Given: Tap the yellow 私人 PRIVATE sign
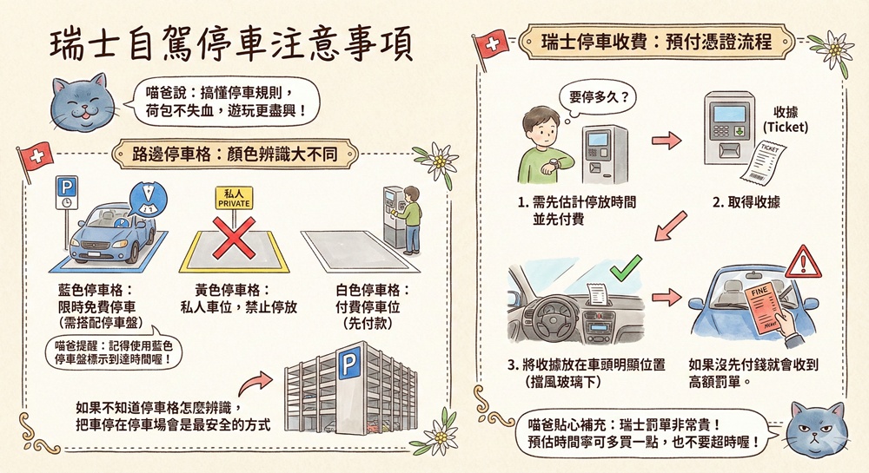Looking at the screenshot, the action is click(234, 198).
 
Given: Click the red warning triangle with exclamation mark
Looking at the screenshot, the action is click(802, 262).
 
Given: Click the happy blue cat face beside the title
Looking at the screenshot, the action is click(83, 103).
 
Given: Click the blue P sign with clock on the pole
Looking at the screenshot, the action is click(67, 193).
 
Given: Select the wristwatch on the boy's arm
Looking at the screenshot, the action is click(555, 164).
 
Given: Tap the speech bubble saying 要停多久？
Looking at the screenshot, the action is click(599, 98).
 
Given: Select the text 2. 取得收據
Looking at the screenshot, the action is click(746, 202).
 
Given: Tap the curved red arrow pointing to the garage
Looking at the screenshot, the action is click(257, 383).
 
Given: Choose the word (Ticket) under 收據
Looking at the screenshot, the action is click(786, 128).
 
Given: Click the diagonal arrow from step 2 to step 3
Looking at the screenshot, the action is click(671, 227).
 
